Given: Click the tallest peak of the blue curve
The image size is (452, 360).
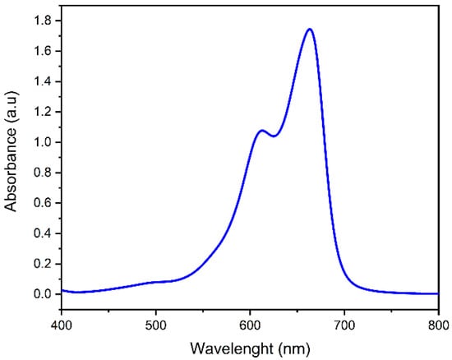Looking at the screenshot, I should pos(310,30).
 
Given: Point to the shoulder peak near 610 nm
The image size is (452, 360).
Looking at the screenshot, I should pos(261,131).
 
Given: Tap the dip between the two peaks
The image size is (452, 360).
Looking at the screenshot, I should pos(273,136).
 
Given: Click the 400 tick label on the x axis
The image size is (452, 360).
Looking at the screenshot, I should pos(62,325).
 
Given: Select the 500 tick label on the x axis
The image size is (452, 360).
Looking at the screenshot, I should pos(156,325).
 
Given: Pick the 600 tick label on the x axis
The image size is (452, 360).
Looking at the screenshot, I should pos(250,325).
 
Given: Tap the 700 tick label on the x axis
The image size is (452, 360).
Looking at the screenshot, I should pos(344,325).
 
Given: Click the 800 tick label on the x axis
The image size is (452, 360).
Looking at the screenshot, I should pos(438,325).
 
